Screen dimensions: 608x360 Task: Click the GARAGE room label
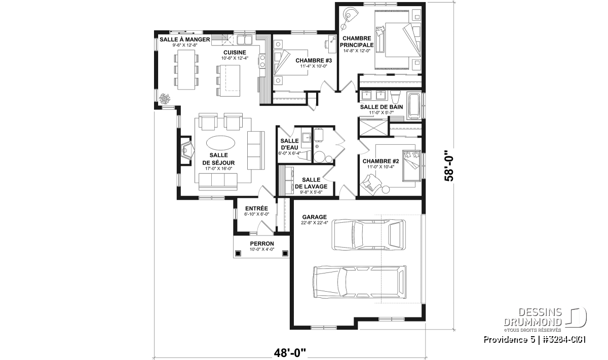point(314,217)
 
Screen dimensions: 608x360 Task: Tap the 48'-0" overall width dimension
point(290,353)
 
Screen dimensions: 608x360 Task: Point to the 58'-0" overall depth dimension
point(449,166)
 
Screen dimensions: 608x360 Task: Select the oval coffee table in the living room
point(221,142)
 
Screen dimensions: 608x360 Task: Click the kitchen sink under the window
point(245,40)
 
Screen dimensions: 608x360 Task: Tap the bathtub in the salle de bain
point(414,106)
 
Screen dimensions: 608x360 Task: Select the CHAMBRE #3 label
point(314,60)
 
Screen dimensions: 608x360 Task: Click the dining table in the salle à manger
point(186,69)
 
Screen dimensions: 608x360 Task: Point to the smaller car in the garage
point(369,234)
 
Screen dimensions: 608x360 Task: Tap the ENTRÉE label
point(256,208)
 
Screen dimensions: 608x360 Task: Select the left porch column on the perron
point(238,253)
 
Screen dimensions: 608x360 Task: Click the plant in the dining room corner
point(165,99)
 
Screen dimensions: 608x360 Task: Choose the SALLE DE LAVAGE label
point(311,183)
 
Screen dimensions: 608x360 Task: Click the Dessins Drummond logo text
point(533,317)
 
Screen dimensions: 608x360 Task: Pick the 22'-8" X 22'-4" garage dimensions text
point(315,223)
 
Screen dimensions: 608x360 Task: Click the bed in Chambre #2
point(411,166)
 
